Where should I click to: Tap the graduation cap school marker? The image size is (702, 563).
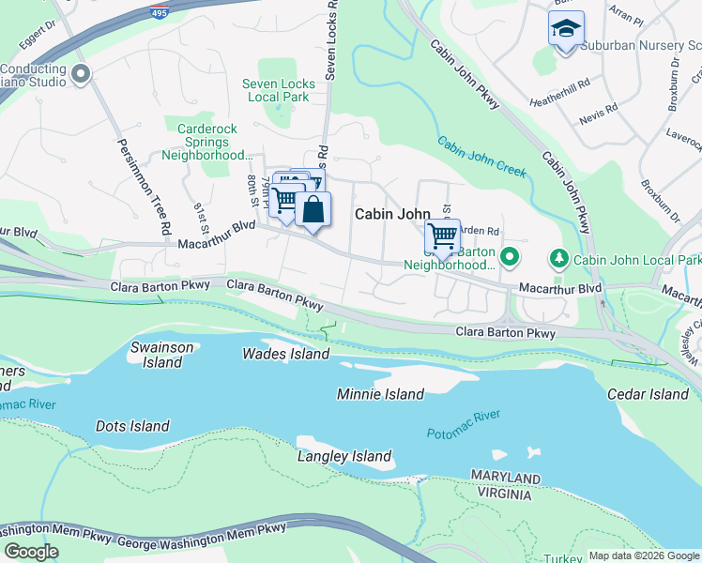[566, 30]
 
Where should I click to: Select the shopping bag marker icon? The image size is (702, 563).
[313, 210]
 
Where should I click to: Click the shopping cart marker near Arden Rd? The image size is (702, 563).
[442, 236]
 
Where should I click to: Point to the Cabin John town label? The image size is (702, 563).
[392, 214]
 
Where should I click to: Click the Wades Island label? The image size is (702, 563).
[286, 354]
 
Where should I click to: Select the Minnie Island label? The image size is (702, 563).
[380, 394]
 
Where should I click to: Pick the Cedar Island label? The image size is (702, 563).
[648, 394]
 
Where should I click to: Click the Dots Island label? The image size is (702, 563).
[132, 426]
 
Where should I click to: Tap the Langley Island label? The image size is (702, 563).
[343, 457]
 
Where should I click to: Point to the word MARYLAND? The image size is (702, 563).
[506, 479]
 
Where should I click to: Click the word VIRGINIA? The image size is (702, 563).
[507, 495]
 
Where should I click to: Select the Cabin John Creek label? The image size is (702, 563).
[482, 156]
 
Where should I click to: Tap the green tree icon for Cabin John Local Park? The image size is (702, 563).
[558, 257]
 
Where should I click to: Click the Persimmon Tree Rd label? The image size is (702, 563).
[144, 188]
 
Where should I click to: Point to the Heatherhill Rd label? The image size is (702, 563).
[559, 83]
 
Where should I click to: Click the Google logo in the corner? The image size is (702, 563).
[32, 551]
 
